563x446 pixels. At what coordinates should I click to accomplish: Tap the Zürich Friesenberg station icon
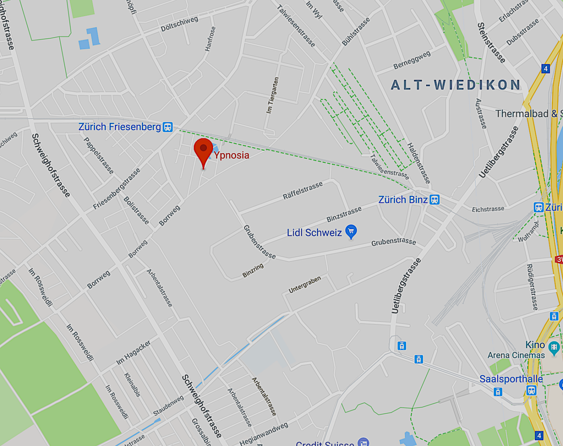click(168, 127)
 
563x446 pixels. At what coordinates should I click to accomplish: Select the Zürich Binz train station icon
click(434, 200)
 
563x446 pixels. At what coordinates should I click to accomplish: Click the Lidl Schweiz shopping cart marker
click(351, 231)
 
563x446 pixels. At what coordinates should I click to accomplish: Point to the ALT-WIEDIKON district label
click(456, 85)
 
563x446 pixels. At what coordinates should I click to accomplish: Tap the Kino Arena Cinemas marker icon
click(553, 347)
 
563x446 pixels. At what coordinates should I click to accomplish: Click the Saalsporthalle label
click(511, 379)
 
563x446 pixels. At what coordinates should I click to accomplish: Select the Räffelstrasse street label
click(302, 190)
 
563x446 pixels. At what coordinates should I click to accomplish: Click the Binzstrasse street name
click(344, 214)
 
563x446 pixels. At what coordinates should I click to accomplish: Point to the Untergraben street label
click(304, 285)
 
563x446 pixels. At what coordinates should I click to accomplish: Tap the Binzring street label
click(253, 270)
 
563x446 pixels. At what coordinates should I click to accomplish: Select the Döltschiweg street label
click(180, 24)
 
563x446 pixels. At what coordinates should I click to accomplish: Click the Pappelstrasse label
click(98, 155)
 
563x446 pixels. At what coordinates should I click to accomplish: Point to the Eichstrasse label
click(488, 209)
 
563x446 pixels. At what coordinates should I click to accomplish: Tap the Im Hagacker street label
click(133, 352)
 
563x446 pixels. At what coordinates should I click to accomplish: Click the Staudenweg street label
click(168, 406)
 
